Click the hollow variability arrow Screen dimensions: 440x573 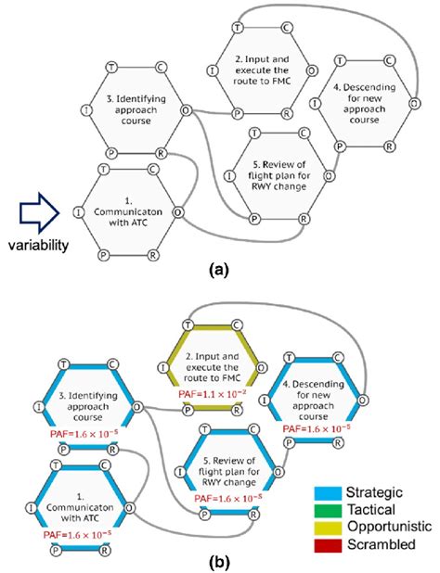[x=39, y=213]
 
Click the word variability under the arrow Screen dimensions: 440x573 [x=38, y=245]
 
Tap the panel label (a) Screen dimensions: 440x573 [x=218, y=271]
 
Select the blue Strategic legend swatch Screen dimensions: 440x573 [x=328, y=493]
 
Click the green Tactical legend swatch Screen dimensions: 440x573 [x=328, y=510]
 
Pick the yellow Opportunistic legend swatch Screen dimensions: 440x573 [x=328, y=528]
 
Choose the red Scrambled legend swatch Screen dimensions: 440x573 [x=328, y=545]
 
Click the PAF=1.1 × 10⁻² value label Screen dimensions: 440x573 [x=210, y=394]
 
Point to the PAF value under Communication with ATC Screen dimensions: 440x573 [x=78, y=535]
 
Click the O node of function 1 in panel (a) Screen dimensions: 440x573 [x=177, y=212]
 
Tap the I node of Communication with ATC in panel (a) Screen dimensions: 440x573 [x=78, y=212]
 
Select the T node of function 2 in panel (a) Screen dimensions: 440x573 [x=238, y=28]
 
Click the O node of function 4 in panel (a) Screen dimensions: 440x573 [x=414, y=104]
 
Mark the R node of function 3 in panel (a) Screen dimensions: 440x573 [x=161, y=153]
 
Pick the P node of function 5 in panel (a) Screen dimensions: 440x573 [x=253, y=219]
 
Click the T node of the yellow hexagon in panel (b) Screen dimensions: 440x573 [x=188, y=325]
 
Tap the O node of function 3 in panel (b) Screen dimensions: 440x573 [x=137, y=407]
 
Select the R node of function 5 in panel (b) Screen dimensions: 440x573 [x=253, y=515]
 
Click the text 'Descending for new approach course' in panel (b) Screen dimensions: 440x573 [x=313, y=401]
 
